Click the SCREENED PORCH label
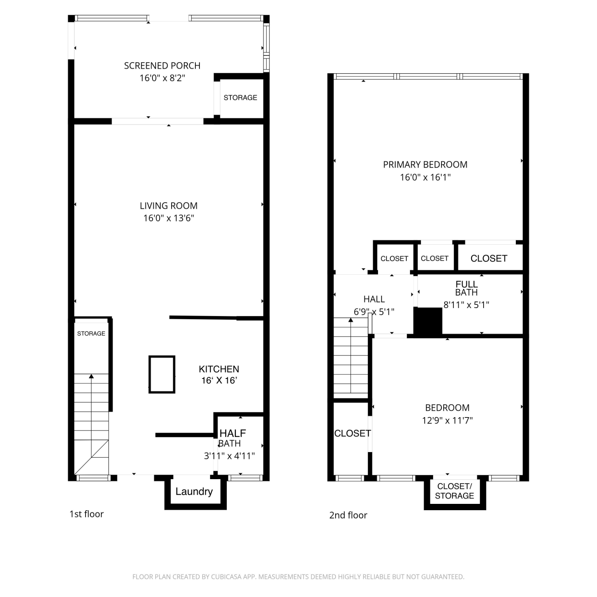tap(162, 66)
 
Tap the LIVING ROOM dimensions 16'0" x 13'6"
tap(169, 218)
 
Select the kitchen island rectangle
tap(162, 375)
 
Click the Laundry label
tap(194, 492)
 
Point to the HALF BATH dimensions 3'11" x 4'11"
tap(229, 456)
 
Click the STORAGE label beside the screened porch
tap(240, 98)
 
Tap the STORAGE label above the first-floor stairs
tap(91, 334)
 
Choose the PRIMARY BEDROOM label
tap(425, 165)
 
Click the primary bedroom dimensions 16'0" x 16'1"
tap(425, 178)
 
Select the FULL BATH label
tap(466, 288)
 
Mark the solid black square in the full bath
tap(428, 321)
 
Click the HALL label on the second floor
tap(374, 299)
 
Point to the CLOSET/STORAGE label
tap(455, 491)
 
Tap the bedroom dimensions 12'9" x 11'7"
tap(447, 420)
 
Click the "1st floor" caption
tap(86, 514)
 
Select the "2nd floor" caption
tap(348, 515)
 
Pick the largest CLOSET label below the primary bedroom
tap(489, 259)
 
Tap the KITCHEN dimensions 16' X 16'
tap(219, 380)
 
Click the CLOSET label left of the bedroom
tap(353, 433)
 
